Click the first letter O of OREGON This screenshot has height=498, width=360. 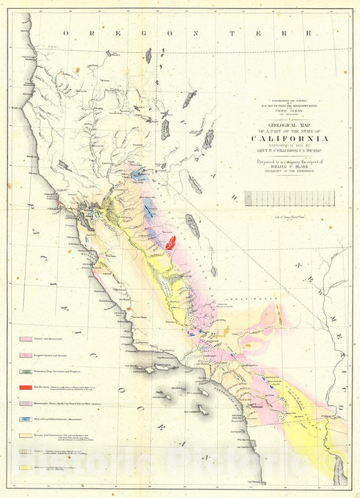coord(67,33)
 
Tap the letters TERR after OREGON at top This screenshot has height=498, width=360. coord(278,33)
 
